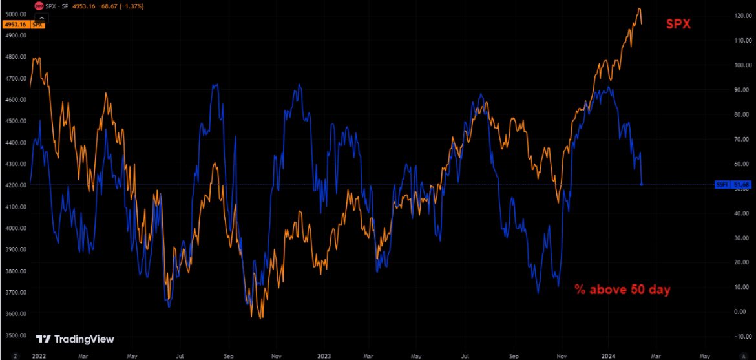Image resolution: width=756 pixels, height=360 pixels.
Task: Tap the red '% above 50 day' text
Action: [622, 290]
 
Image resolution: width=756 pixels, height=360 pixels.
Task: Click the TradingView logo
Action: [75, 339]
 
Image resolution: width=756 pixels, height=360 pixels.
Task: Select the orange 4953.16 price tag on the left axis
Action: [14, 25]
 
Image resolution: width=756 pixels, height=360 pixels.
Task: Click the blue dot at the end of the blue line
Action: [642, 184]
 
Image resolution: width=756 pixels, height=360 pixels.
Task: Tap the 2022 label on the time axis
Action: [39, 355]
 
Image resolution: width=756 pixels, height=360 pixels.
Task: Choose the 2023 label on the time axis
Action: [324, 355]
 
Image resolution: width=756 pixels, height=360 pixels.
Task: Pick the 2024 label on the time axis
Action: [609, 355]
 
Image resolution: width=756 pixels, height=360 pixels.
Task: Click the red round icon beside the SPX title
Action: [39, 5]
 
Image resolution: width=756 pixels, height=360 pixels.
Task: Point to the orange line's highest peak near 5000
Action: [638, 9]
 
